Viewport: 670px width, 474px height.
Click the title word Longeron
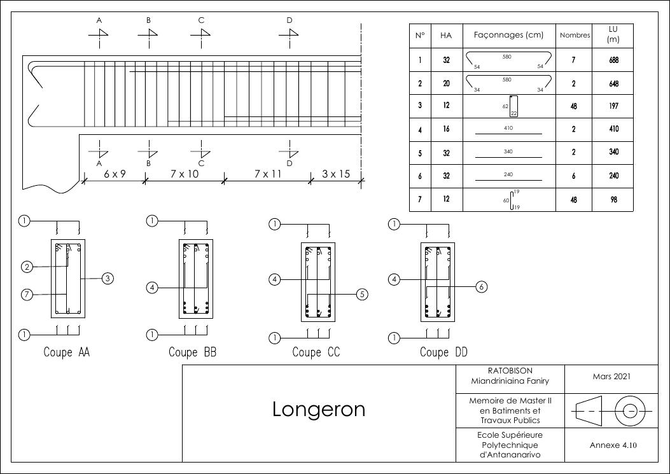click(319, 409)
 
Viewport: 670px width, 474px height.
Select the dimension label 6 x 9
click(115, 174)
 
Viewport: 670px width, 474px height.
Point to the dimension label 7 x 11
click(268, 174)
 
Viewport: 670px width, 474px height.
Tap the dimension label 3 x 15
click(336, 174)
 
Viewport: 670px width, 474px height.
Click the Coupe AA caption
click(67, 352)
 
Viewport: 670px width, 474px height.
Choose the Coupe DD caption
click(443, 352)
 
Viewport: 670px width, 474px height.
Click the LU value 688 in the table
click(613, 60)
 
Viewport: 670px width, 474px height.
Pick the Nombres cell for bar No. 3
click(574, 106)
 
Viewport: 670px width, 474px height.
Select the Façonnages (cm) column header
click(509, 36)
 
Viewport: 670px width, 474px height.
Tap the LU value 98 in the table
click(613, 199)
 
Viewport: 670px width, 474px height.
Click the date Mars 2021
click(611, 376)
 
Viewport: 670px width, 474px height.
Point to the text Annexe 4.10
click(613, 445)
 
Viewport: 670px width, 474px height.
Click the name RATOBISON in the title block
click(510, 370)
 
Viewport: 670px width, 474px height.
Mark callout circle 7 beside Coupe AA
click(27, 294)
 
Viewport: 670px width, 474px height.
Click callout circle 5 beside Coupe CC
click(362, 294)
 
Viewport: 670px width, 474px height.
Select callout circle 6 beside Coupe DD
click(482, 287)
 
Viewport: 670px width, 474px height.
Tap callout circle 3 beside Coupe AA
click(108, 278)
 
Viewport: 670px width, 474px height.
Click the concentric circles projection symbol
click(630, 411)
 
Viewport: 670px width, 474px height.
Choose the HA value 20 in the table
click(446, 83)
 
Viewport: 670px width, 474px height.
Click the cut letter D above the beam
click(290, 20)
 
